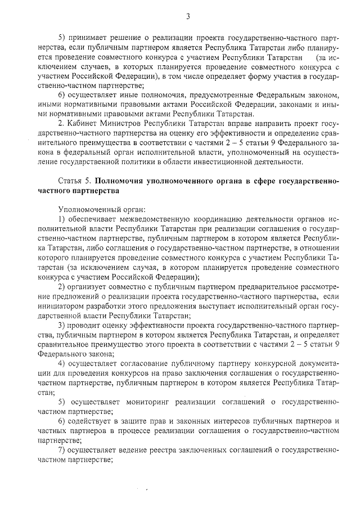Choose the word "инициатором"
[x=62, y=307]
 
